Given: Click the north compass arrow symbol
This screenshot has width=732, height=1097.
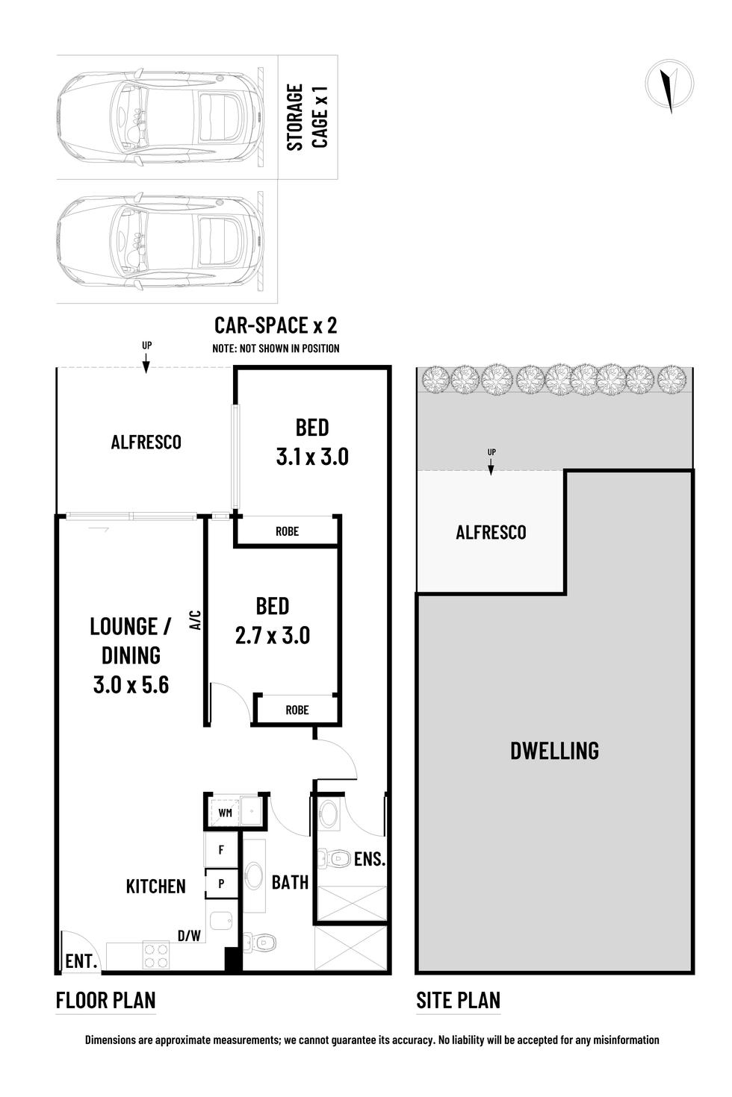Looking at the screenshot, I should click(669, 86).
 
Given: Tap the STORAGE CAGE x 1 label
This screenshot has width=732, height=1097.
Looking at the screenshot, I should click(307, 117).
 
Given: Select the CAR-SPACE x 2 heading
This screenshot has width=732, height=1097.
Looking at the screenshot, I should click(275, 325).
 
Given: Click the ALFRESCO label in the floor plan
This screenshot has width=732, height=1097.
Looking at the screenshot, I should click(146, 443).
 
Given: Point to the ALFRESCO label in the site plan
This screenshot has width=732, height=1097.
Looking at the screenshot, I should click(491, 533).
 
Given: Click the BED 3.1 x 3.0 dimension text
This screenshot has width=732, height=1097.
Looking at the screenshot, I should click(312, 443).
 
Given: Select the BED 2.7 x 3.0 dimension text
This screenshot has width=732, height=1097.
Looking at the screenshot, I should click(272, 621).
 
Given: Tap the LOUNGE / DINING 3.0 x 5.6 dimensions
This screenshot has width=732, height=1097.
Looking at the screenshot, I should click(131, 655).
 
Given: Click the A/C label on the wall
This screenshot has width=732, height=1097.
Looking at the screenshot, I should click(196, 620).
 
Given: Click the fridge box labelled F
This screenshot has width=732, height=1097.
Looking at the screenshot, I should click(221, 850).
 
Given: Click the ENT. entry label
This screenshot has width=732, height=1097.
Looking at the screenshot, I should click(81, 962).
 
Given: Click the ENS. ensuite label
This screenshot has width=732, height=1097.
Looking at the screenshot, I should click(369, 860).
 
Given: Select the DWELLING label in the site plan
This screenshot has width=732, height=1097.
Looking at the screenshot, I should click(554, 751).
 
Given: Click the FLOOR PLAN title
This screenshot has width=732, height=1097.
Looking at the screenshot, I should click(106, 1001).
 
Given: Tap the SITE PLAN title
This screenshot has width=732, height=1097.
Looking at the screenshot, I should click(458, 1001).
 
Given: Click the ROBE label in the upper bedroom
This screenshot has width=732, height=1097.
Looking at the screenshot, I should click(287, 531).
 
